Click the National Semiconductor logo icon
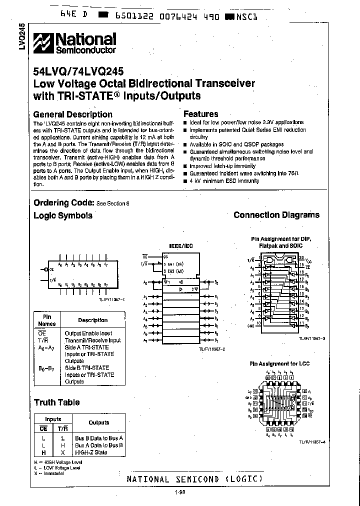click(43, 43)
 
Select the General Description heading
click(72, 114)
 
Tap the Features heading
click(200, 114)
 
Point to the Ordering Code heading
click(63, 202)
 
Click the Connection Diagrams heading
click(276, 215)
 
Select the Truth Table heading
click(56, 402)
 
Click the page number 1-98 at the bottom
click(180, 493)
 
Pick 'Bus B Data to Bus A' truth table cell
click(98, 438)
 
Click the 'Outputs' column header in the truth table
click(98, 423)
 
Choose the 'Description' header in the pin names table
click(92, 320)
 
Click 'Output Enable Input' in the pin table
click(88, 333)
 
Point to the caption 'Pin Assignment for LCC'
click(279, 364)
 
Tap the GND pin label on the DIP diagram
click(250, 324)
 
